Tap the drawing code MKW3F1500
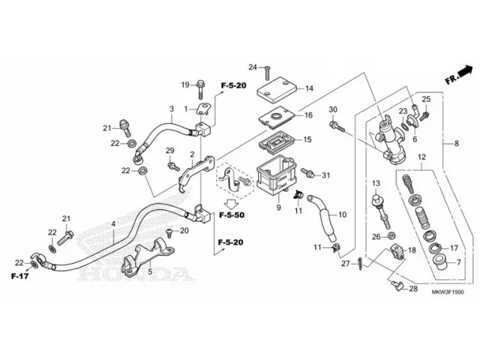coord(447,302)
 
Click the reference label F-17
coord(19,277)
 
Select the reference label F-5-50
coord(232,215)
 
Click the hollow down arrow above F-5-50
coord(232,202)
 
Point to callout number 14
coord(309,88)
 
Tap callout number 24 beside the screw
coord(253,67)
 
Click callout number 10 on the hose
coord(342,215)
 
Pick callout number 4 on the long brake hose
coord(114,224)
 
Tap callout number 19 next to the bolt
coord(184,84)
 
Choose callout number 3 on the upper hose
coord(171,109)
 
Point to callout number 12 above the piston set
coord(421,157)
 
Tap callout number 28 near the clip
coord(414,289)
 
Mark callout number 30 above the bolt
coord(333,110)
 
